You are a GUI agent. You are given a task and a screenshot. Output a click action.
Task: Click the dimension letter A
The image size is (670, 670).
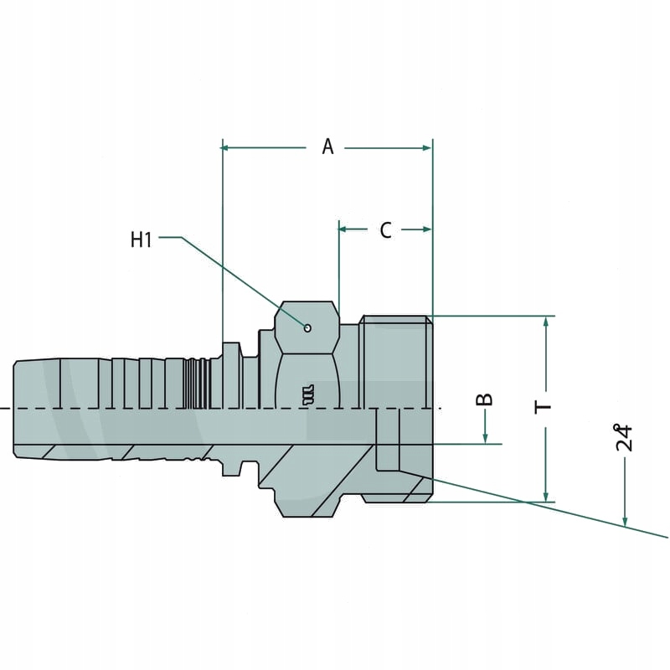[327, 147]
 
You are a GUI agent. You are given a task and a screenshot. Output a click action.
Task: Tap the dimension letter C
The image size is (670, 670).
[385, 230]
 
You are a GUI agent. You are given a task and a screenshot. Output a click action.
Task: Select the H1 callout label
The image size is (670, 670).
[141, 240]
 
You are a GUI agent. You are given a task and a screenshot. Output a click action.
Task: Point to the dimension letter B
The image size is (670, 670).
[485, 399]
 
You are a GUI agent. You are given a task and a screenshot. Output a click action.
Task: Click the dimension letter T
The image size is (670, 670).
[545, 407]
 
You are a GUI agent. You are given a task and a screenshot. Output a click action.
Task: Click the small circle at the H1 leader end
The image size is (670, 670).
[308, 327]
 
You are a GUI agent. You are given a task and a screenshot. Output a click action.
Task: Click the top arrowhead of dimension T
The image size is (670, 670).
[546, 322]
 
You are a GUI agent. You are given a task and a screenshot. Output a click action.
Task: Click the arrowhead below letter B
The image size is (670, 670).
[486, 439]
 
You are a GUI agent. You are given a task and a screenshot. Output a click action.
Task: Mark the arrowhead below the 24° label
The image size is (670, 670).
[625, 523]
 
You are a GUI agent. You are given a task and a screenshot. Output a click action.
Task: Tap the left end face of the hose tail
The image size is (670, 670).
[16, 409]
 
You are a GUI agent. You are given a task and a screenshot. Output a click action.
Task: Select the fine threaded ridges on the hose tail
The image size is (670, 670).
[194, 383]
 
